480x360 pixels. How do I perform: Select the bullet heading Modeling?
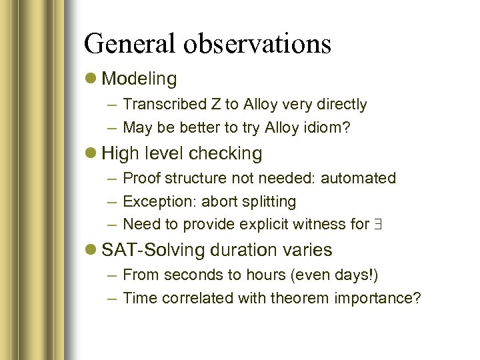coord(140,79)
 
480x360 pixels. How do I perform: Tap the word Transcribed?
coord(164,105)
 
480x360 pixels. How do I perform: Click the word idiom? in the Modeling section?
coord(327,127)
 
